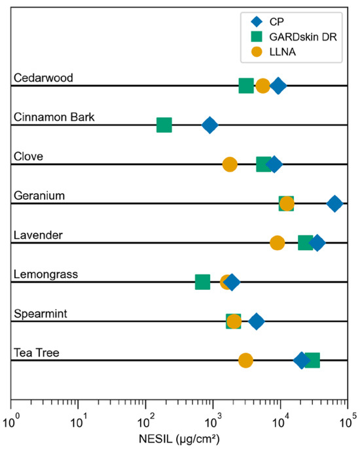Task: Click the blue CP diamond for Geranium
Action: tap(334, 204)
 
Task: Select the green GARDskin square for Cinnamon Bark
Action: tap(164, 125)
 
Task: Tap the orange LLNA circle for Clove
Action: tap(230, 164)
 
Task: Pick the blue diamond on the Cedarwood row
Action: tap(278, 86)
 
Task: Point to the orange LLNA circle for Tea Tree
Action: tap(245, 360)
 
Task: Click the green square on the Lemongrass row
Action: tap(202, 282)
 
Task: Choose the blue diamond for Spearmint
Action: tap(257, 321)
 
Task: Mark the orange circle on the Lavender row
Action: tap(278, 243)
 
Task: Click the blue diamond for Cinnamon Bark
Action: tap(210, 125)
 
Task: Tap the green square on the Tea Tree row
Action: tap(312, 360)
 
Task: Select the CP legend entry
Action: tap(268, 22)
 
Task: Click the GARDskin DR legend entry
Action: tap(294, 37)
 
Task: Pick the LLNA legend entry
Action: tap(274, 52)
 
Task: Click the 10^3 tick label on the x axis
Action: tap(213, 422)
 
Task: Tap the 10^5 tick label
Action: tap(348, 422)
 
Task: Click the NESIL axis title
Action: tap(179, 439)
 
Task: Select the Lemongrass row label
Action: tap(46, 274)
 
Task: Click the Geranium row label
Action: tap(39, 196)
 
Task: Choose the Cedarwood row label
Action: tap(43, 78)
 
